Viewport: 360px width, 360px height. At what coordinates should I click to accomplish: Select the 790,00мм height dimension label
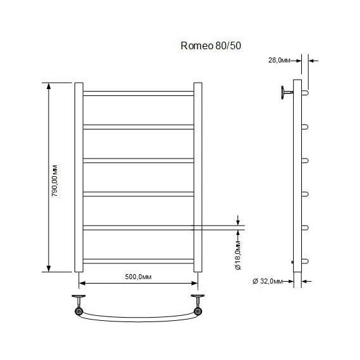(56, 178)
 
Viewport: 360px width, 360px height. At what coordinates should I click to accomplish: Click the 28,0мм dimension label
(280, 61)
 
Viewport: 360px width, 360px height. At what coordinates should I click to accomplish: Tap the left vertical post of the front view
(79, 177)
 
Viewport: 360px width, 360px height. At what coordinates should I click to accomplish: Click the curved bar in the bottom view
(138, 317)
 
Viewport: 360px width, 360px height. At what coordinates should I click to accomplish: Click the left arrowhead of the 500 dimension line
(81, 284)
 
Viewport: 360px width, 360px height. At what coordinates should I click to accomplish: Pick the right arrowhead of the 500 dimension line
(195, 284)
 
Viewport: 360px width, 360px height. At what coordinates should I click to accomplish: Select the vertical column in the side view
(298, 183)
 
